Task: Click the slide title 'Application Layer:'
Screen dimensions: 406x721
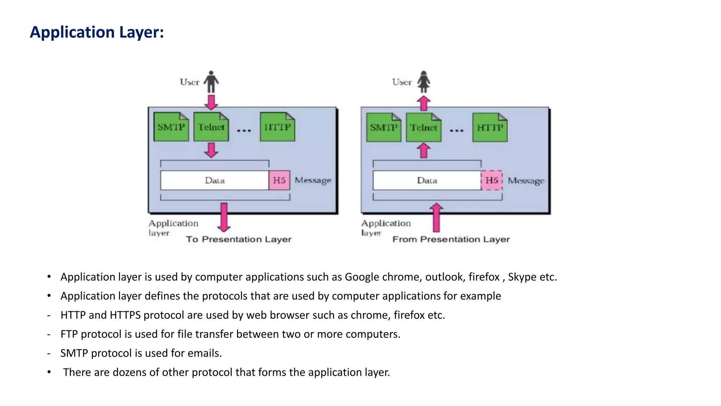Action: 97,32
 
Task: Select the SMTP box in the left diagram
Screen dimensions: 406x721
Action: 171,127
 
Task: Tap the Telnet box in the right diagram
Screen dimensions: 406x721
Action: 423,128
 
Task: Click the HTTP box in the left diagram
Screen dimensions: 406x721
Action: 277,127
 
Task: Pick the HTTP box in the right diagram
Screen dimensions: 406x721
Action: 490,128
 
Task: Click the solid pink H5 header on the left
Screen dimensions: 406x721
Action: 279,180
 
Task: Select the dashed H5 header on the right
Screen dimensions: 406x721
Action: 491,180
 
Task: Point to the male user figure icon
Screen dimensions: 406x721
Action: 211,82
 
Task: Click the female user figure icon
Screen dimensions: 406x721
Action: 424,82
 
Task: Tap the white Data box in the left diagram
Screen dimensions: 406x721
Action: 215,180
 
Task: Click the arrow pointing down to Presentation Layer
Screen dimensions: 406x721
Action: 224,217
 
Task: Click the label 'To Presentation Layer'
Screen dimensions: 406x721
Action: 239,239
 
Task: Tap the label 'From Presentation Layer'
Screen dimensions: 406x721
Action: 451,239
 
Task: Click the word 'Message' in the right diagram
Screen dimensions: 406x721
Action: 526,181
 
